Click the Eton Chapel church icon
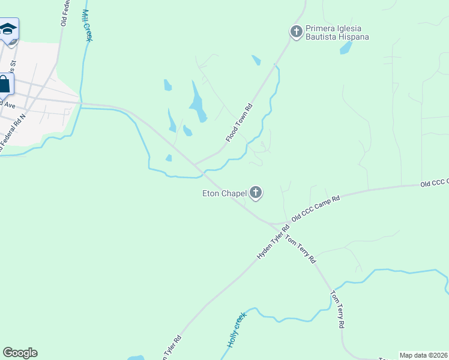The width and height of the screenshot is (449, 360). (x=256, y=193)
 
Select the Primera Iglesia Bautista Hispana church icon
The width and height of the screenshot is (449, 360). (x=295, y=31)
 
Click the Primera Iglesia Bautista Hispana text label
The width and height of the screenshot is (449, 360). (x=337, y=32)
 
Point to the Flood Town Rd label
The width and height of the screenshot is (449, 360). (x=239, y=123)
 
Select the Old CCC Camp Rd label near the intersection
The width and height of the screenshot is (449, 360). (x=316, y=208)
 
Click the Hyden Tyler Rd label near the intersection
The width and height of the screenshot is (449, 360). (x=273, y=242)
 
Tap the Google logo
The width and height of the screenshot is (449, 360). (x=20, y=353)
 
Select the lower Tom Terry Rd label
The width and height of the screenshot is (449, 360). (x=337, y=310)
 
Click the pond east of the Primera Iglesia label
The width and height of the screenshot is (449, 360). (x=346, y=48)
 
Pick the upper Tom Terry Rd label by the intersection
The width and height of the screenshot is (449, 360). (x=300, y=249)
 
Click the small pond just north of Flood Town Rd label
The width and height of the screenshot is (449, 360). (x=257, y=59)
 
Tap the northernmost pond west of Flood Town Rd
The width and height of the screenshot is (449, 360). (x=167, y=85)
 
